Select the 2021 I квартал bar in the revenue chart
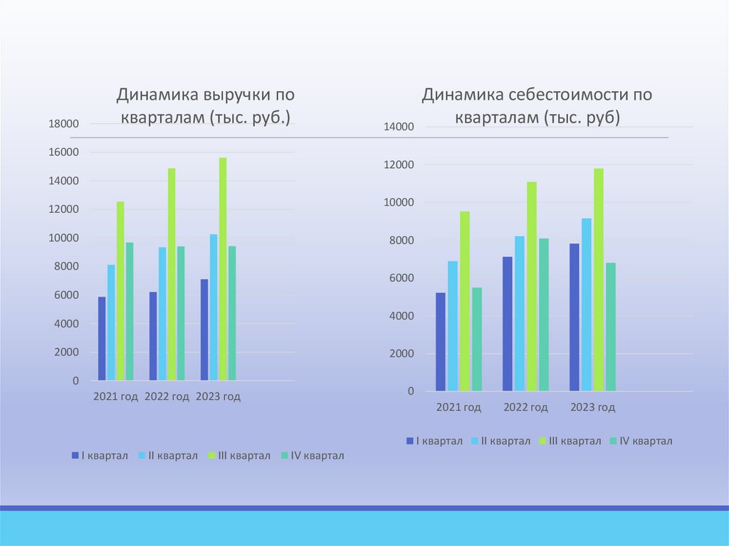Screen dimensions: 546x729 click(102, 339)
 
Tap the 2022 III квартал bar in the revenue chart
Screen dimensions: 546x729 click(172, 274)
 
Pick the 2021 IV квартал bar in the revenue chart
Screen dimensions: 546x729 click(130, 312)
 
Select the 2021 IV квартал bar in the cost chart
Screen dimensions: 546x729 click(477, 339)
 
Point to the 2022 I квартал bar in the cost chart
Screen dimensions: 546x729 click(507, 324)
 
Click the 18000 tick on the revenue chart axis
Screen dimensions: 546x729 click(63, 124)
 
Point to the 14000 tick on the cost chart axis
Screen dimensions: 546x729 click(399, 127)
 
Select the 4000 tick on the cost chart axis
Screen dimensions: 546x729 click(401, 316)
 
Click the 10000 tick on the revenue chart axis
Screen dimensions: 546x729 click(63, 238)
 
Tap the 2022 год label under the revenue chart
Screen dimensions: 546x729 click(167, 397)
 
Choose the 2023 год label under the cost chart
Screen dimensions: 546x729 click(592, 408)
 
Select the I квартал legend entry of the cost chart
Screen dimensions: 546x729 click(434, 441)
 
